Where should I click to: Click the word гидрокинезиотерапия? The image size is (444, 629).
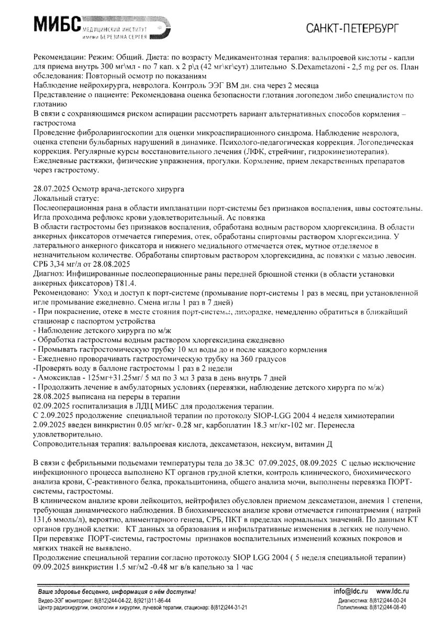349,152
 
